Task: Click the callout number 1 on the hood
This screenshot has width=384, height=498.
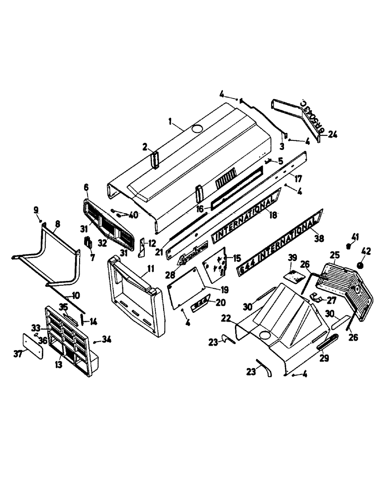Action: [x=170, y=122]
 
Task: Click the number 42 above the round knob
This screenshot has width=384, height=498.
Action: [x=367, y=250]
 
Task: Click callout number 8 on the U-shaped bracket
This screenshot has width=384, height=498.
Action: [x=57, y=225]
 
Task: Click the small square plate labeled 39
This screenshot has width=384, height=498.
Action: [x=294, y=274]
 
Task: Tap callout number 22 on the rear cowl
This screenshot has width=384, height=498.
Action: [x=226, y=318]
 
